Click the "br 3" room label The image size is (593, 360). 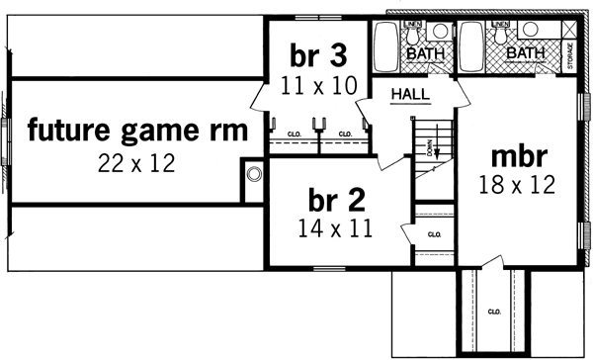click(x=313, y=53)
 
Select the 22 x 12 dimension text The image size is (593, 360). click(x=136, y=163)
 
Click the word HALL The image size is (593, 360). click(x=409, y=94)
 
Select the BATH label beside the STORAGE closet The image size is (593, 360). click(x=524, y=53)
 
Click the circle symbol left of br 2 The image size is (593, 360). click(x=255, y=175)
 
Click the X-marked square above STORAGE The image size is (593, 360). click(x=570, y=31)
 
